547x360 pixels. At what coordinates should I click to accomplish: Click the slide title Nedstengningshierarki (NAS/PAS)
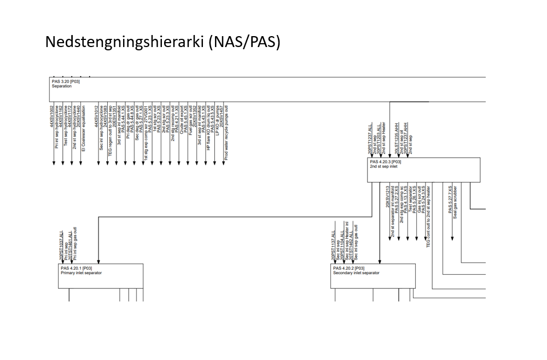162,42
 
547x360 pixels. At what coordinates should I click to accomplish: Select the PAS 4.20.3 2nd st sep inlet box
423,170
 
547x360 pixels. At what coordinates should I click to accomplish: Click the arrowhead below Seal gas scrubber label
452,237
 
